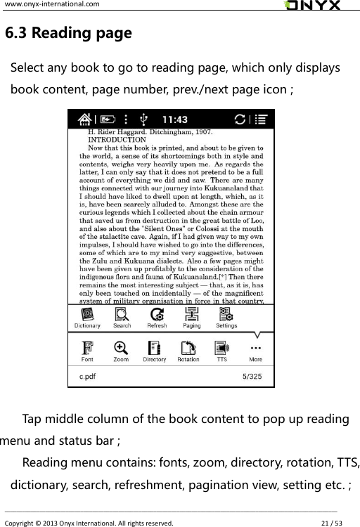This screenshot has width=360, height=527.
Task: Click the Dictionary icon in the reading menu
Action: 88,314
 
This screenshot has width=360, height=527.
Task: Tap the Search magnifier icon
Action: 122,314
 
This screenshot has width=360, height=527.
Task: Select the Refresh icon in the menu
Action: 157,314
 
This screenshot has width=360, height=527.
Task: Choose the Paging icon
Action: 191,314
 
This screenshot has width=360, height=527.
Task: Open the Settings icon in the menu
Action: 226,314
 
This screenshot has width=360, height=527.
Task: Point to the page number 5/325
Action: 252,376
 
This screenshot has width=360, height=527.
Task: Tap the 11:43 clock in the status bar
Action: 175,119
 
